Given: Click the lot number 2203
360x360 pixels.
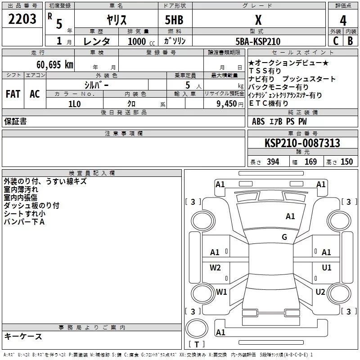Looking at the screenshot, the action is coord(23,20).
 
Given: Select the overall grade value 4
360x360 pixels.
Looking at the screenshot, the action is coord(343,20).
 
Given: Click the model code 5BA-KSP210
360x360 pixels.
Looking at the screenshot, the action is coord(258,41).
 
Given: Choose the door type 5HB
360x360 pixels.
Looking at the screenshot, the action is coord(174,20).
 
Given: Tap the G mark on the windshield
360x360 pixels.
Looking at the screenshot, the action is coord(284,237).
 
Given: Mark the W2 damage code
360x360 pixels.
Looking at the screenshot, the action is coord(215,268).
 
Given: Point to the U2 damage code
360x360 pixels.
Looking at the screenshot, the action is coord(320,292).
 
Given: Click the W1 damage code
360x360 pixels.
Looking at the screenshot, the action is coord(221,292).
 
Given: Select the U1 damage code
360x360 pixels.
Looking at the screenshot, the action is coord(327,268).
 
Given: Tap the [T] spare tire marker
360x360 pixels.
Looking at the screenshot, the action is coord(197,345).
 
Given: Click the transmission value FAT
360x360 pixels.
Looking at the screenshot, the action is coord(13,94).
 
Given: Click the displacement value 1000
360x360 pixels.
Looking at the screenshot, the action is coord(137,41).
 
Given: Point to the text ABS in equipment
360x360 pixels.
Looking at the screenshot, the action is coord(258,121).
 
